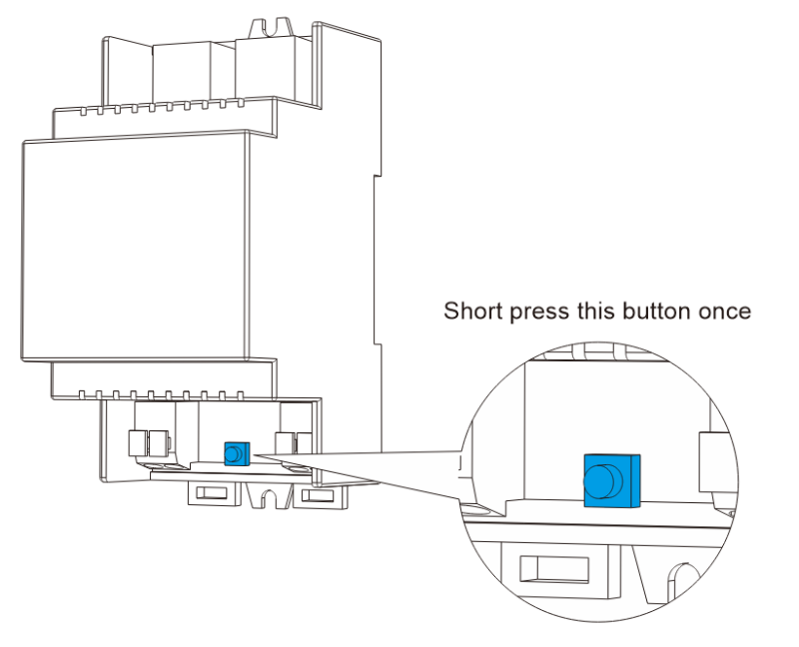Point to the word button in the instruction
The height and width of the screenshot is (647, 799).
pos(653,312)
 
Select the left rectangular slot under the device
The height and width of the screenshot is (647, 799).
pos(210,493)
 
